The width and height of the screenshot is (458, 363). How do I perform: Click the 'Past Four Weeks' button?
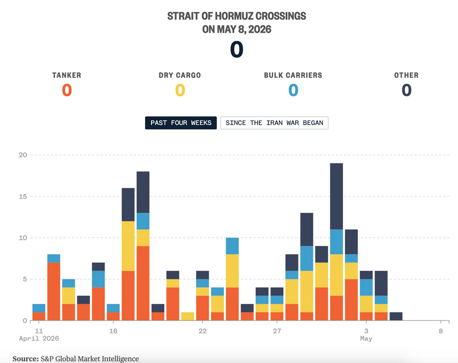[x=181, y=123]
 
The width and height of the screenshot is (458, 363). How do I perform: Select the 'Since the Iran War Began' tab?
[x=274, y=123]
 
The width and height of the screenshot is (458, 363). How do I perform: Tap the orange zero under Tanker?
[x=67, y=90]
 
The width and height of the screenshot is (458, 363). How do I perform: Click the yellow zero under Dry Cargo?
[x=180, y=90]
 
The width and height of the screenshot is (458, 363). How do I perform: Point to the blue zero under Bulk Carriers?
[x=293, y=90]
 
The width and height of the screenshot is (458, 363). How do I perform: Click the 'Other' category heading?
[x=407, y=75]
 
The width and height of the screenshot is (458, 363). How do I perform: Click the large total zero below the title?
[x=237, y=50]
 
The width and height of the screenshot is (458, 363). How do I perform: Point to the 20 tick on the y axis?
[x=23, y=155]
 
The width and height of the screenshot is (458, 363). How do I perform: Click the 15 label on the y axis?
[x=23, y=196]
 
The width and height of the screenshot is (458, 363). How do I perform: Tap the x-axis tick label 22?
[x=203, y=331]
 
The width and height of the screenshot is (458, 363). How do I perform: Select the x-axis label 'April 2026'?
[x=39, y=338]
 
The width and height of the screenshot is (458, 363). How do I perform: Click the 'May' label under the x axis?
[x=366, y=338]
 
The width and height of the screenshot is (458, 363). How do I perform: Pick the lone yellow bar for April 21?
[x=188, y=316]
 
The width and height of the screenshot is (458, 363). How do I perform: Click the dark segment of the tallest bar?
[x=337, y=196]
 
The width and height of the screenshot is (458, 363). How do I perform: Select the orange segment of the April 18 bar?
[x=143, y=283]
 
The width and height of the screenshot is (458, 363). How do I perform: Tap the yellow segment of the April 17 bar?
[x=128, y=246]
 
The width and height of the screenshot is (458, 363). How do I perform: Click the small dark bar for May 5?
[x=396, y=316]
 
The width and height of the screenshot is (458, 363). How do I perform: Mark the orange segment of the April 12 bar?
[x=54, y=292]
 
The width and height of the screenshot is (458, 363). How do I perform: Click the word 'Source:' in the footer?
[x=25, y=359]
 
